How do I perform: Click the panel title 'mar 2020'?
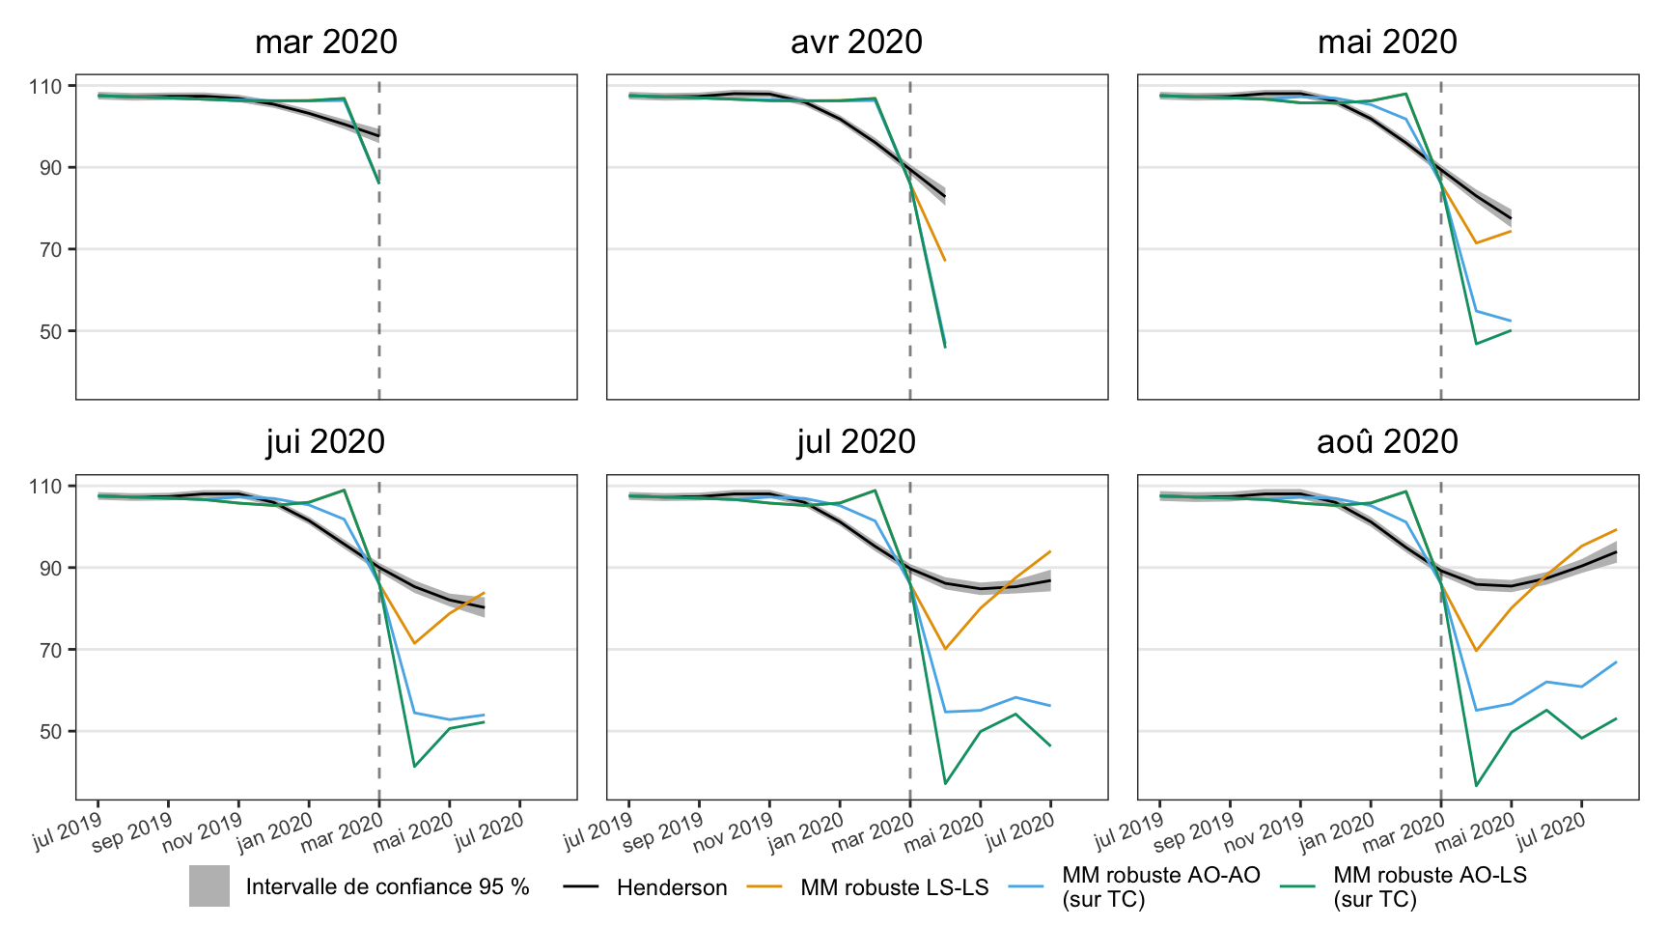(x=326, y=42)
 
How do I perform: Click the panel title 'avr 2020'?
(x=856, y=42)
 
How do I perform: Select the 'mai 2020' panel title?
(x=1387, y=42)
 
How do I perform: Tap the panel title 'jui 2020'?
(x=326, y=442)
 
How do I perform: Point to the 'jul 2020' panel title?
(x=856, y=442)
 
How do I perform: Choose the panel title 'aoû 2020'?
(x=1387, y=442)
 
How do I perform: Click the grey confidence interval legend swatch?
(x=209, y=886)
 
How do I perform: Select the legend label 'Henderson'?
(x=672, y=887)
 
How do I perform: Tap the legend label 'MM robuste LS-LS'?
(x=894, y=887)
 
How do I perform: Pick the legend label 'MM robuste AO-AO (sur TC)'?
(x=1160, y=887)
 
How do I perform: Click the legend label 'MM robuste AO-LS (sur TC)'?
(x=1430, y=887)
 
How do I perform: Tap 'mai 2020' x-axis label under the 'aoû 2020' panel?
(x=1475, y=832)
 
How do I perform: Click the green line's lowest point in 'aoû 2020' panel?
(x=1476, y=786)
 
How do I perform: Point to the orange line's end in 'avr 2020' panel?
(x=945, y=261)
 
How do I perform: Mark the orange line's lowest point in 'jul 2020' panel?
(x=945, y=649)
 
